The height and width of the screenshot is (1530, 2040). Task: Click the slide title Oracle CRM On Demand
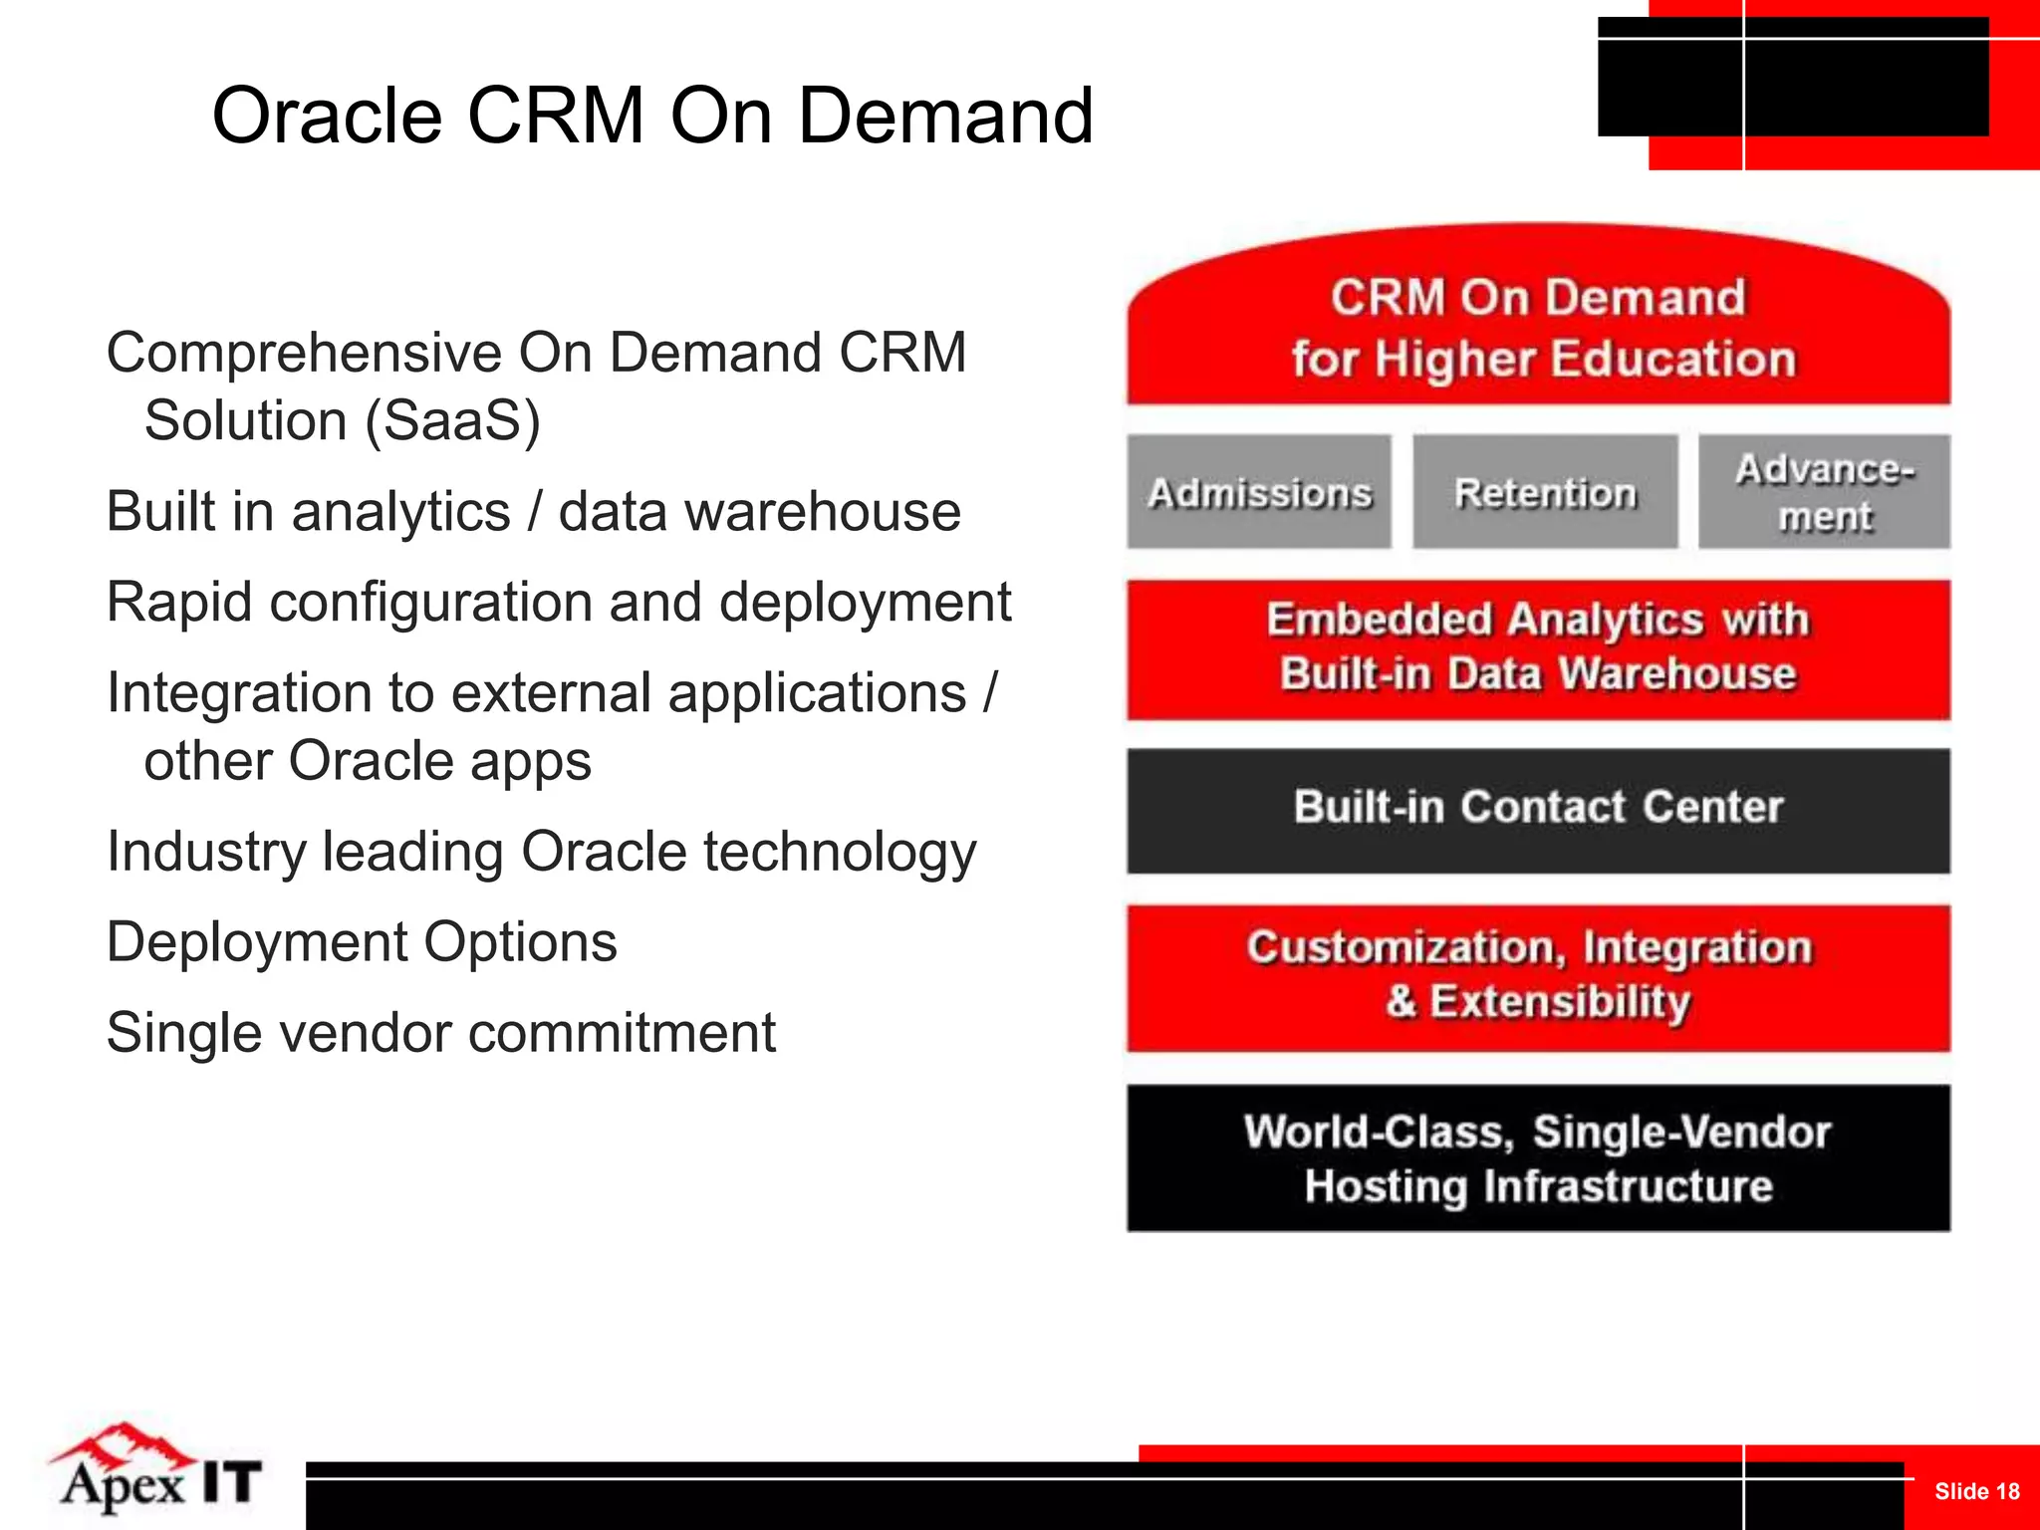click(x=652, y=116)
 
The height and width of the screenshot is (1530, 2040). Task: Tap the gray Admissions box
click(x=1259, y=492)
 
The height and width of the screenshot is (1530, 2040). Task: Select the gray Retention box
click(x=1545, y=492)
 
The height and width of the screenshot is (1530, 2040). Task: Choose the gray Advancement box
click(x=1824, y=492)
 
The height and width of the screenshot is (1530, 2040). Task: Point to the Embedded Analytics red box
click(x=1538, y=648)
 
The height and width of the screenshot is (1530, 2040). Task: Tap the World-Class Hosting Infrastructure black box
click(x=1538, y=1158)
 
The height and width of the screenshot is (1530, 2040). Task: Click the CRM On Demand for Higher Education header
click(x=1538, y=327)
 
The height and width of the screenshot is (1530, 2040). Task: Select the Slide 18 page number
click(x=1976, y=1491)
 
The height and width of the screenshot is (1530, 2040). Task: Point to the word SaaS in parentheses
click(x=452, y=420)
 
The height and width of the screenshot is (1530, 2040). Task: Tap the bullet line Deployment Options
click(x=362, y=942)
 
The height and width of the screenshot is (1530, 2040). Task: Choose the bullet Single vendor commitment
click(x=440, y=1033)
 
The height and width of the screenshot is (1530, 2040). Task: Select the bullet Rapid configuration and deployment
click(x=558, y=603)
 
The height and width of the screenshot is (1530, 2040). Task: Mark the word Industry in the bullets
click(x=205, y=853)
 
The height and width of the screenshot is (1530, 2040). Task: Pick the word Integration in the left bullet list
click(x=238, y=693)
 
